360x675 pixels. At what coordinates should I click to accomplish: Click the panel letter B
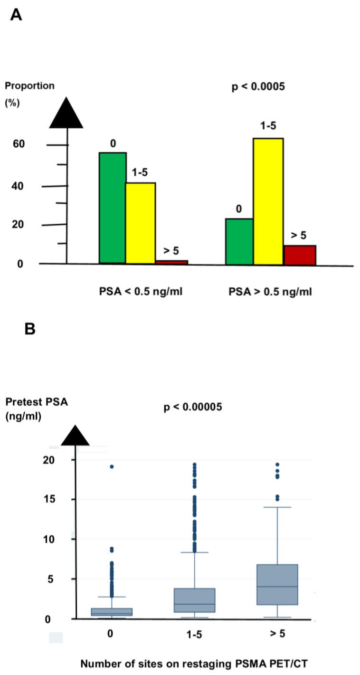click(29, 329)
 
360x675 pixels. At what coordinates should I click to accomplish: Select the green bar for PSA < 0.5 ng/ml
click(113, 208)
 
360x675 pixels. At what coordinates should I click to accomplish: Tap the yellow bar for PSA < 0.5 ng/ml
click(141, 223)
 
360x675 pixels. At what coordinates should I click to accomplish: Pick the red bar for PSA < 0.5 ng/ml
click(171, 262)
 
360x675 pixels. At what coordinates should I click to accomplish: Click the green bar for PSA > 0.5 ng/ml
click(239, 241)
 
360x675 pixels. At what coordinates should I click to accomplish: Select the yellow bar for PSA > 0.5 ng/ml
click(268, 201)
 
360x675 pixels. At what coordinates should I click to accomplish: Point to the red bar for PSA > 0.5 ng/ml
click(300, 255)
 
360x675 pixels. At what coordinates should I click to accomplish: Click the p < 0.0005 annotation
click(258, 87)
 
